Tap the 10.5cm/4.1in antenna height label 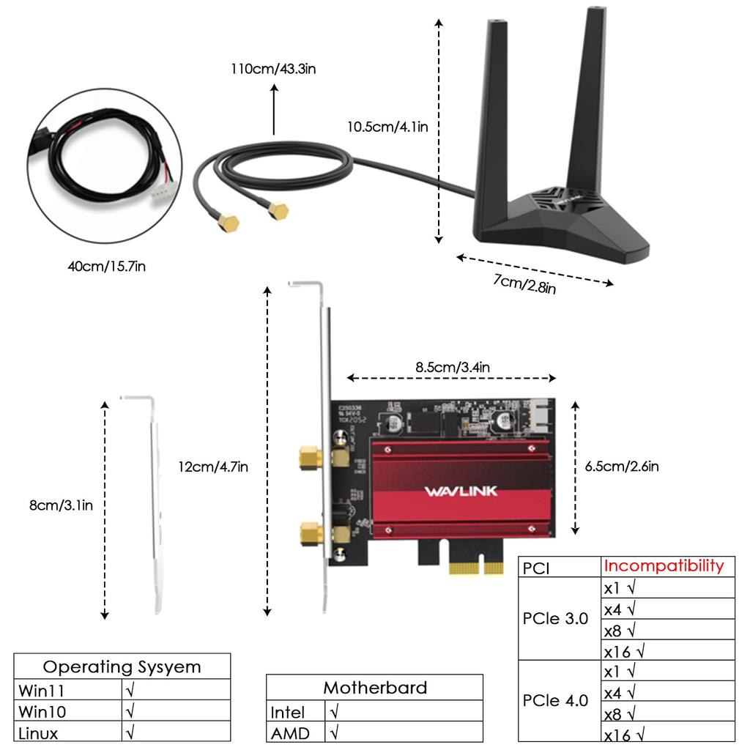pos(387,127)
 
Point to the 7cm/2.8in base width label pos(524,283)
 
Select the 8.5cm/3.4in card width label pos(453,367)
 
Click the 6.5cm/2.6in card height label pos(621,466)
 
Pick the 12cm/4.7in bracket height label pos(212,466)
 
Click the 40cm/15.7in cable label pos(107,267)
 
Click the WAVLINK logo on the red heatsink pos(460,491)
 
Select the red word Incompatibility pos(664,565)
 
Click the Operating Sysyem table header pos(122,667)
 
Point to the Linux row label pos(38,732)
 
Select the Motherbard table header pos(375,688)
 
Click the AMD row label pos(290,732)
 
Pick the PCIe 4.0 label pos(555,700)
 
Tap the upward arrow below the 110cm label pos(275,110)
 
